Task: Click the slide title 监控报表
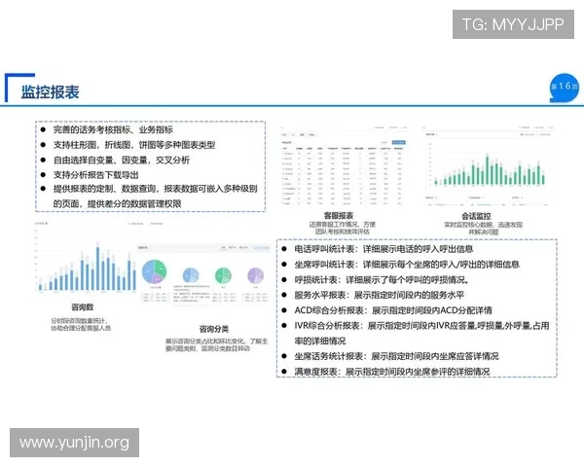[x=50, y=91]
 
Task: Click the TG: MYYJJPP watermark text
[x=512, y=25]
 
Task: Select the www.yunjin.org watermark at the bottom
[x=74, y=443]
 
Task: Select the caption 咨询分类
[x=212, y=329]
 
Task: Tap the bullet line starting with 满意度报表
[x=391, y=372]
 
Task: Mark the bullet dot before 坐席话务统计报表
[x=284, y=357]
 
